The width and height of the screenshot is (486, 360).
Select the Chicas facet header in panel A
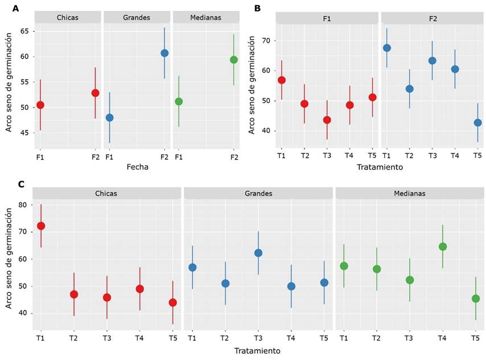click(68, 18)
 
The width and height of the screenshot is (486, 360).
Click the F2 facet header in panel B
click(433, 18)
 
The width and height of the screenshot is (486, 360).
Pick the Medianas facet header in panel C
click(410, 193)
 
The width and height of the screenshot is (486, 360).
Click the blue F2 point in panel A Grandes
click(164, 53)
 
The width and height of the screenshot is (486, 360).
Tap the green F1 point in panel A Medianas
click(179, 101)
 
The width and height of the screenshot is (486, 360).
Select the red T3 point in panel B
click(327, 120)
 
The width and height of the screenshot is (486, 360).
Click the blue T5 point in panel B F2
click(477, 122)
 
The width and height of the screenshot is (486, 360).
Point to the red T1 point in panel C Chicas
click(41, 226)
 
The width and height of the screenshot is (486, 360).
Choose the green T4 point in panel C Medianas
click(443, 247)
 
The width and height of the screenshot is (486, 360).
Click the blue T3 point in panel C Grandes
click(258, 253)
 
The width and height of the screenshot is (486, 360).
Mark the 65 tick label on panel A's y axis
click(25, 31)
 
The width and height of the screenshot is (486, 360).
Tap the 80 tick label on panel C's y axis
click(22, 204)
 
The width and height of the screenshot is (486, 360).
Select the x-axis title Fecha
click(137, 167)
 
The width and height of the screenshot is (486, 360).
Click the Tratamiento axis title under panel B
click(380, 167)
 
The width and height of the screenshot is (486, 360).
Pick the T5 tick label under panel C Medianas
click(475, 339)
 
